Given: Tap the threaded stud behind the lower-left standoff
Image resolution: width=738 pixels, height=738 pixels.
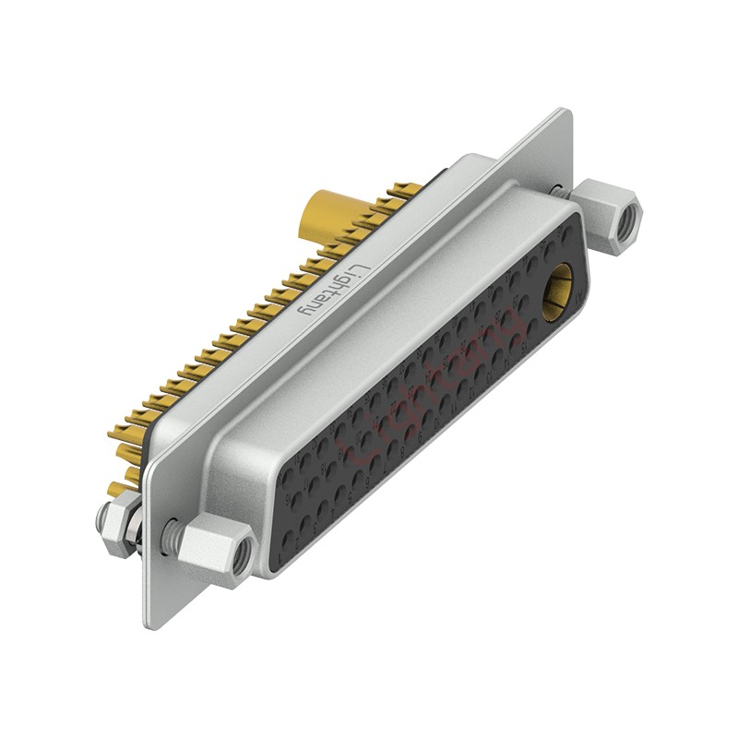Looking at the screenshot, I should click(170, 532).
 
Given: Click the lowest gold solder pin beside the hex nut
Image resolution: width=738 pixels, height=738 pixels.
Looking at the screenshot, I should click(114, 489).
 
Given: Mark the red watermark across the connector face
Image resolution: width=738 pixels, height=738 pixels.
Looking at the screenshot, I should click(434, 387).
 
